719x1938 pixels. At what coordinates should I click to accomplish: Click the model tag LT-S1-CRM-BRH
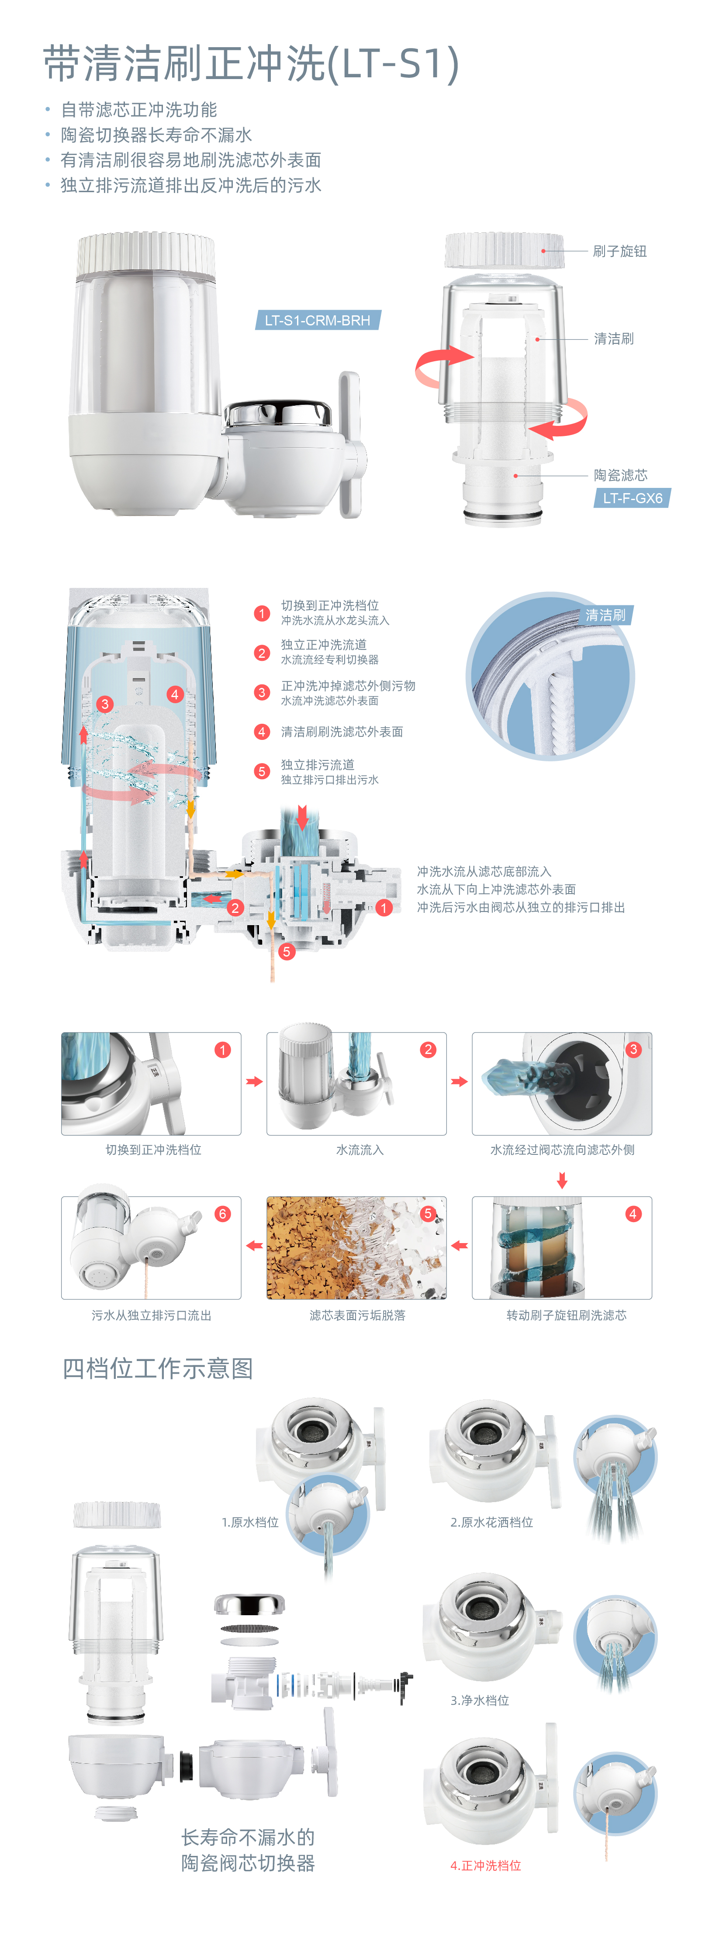click(318, 321)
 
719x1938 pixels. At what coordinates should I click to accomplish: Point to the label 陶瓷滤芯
click(620, 476)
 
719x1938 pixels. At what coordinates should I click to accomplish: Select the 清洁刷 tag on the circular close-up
click(605, 615)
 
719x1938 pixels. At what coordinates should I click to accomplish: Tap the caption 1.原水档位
click(250, 1522)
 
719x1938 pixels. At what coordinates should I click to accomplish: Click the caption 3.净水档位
click(479, 1700)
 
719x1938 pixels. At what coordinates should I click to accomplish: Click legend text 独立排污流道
click(318, 764)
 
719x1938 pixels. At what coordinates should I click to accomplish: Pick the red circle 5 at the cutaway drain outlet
click(286, 952)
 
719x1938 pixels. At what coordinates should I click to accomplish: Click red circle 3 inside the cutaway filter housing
click(105, 704)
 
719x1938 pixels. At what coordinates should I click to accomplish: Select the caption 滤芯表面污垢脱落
click(357, 1315)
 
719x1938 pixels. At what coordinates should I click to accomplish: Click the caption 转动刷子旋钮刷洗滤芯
click(566, 1315)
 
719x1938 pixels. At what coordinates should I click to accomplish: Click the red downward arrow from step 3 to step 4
click(562, 1181)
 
